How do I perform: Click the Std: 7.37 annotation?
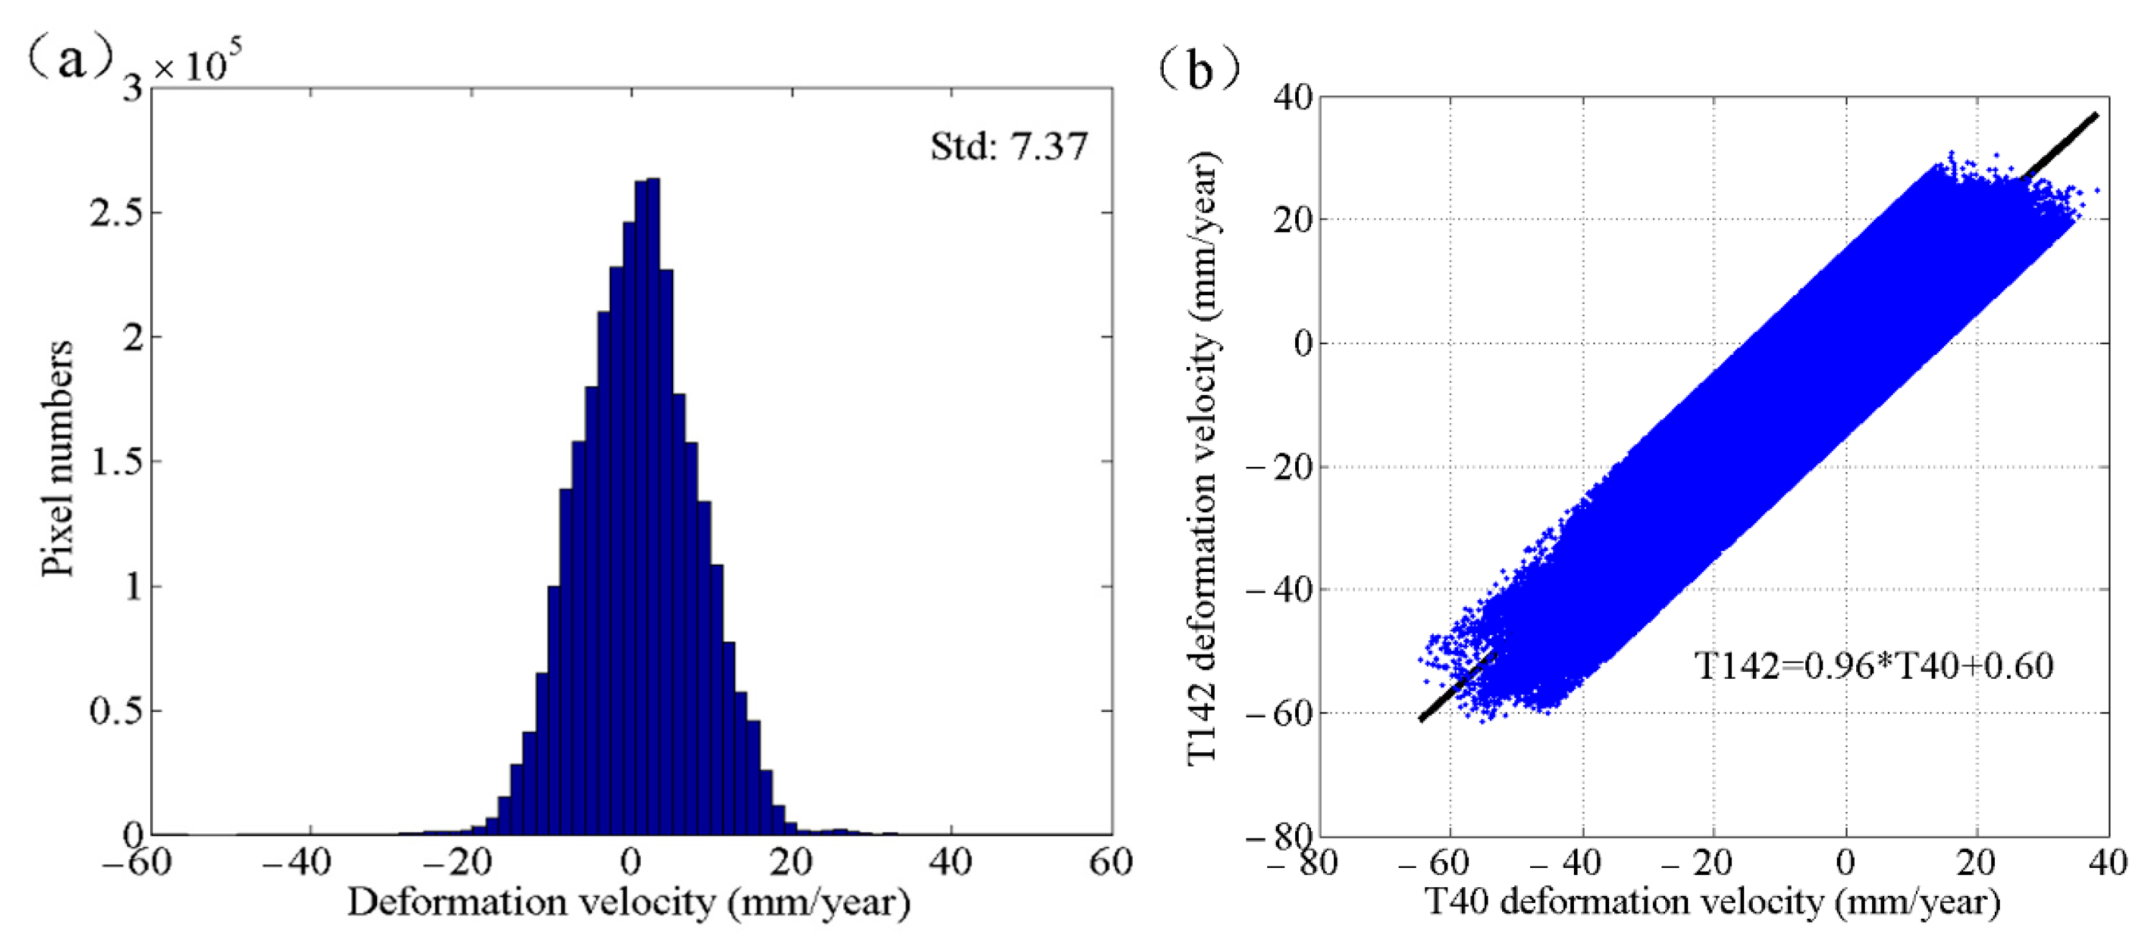click(x=1009, y=147)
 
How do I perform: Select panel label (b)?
click(x=1199, y=68)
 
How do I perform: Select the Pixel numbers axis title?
click(x=57, y=458)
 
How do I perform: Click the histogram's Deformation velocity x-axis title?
click(x=629, y=903)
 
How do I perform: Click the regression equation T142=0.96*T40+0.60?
click(x=1873, y=666)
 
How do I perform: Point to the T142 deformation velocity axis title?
click(x=1203, y=458)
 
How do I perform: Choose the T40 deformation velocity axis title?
click(x=1711, y=903)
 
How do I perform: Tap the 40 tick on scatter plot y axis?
click(x=1292, y=98)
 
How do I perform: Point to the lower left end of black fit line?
click(x=1422, y=719)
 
